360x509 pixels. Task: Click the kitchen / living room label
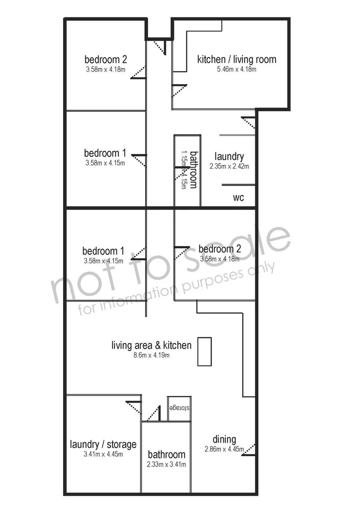pos(237,59)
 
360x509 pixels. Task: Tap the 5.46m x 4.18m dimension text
pos(237,69)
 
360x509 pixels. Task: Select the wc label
pos(238,197)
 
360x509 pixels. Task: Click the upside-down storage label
pos(179,408)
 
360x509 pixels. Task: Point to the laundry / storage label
pos(103,444)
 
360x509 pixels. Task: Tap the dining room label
pos(224,440)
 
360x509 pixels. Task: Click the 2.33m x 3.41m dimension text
pos(166,465)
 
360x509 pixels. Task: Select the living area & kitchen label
pos(151,345)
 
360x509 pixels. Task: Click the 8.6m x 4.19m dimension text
pos(151,355)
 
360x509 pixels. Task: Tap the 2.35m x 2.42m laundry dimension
pos(229,166)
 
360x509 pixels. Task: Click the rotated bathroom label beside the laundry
pos(194,170)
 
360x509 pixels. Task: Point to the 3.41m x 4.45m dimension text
pos(103,454)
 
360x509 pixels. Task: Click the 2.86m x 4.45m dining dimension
pos(224,449)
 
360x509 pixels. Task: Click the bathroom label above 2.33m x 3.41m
pos(166,454)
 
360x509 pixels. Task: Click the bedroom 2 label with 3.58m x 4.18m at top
pos(106,59)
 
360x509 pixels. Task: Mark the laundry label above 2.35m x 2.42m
pos(229,156)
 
